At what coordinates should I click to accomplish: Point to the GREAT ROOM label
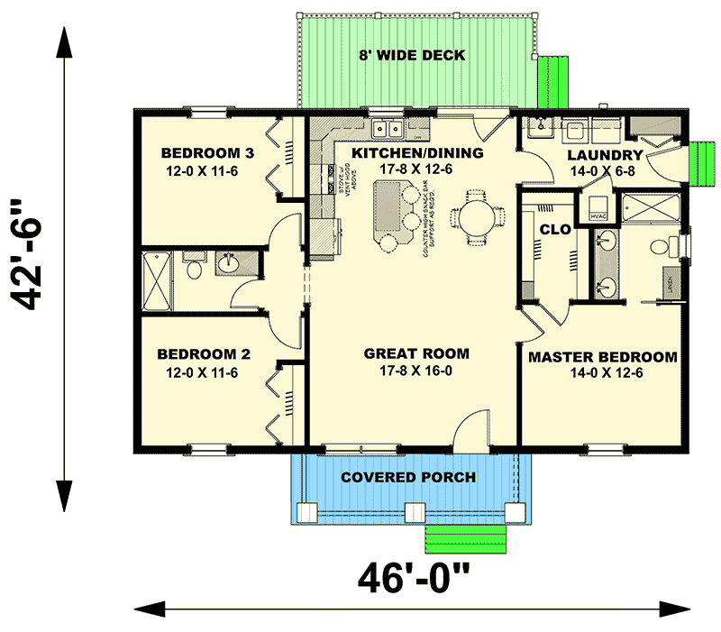click(416, 353)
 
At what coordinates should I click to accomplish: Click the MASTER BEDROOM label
click(602, 357)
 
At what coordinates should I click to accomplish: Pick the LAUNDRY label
click(605, 155)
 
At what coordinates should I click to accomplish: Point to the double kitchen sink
click(389, 129)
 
